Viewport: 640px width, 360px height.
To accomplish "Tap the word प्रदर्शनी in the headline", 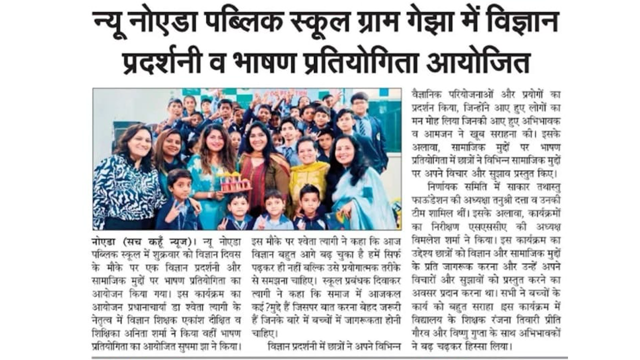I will pos(169,63).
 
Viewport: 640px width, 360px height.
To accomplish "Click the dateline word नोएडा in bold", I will pos(106,240).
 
